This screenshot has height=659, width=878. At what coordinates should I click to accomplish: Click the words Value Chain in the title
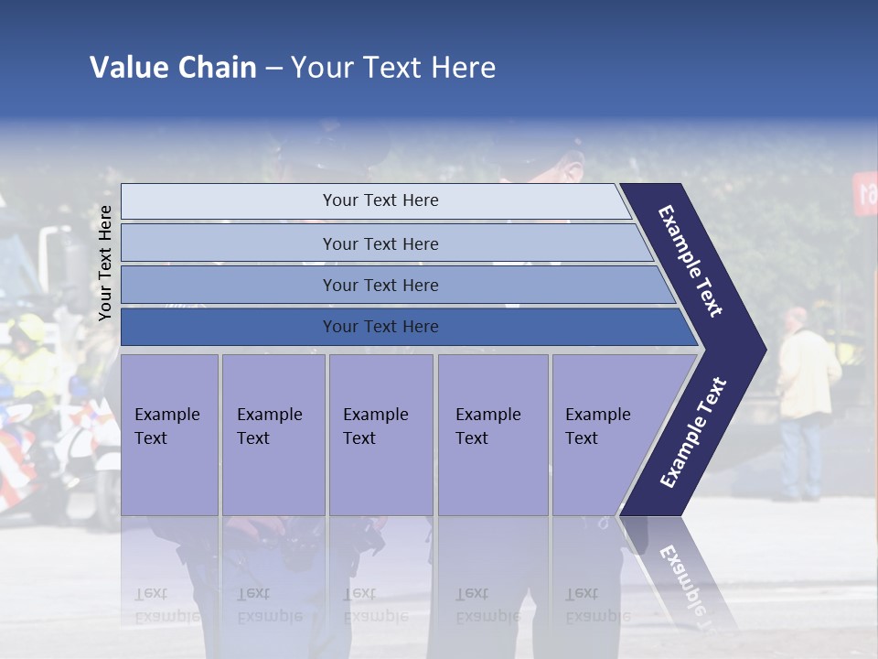click(x=173, y=68)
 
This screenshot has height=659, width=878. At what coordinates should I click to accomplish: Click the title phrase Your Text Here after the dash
click(x=393, y=68)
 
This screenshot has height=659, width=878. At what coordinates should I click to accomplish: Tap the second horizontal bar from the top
click(x=380, y=243)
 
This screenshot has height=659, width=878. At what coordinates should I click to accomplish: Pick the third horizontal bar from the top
click(x=380, y=286)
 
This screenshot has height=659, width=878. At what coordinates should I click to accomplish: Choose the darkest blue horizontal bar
click(x=380, y=327)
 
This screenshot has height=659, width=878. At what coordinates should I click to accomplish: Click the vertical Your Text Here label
click(x=105, y=263)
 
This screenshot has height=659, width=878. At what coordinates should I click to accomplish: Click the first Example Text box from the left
click(x=169, y=434)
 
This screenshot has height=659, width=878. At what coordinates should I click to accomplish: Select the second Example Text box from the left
click(x=273, y=434)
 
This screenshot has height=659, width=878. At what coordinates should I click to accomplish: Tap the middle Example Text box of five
click(x=380, y=434)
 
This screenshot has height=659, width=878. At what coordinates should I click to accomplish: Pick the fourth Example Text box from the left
click(x=492, y=434)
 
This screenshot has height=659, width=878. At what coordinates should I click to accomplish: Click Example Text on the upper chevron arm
click(x=691, y=261)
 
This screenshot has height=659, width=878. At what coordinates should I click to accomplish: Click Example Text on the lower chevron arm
click(x=693, y=432)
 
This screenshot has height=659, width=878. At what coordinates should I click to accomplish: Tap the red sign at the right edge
click(x=864, y=194)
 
